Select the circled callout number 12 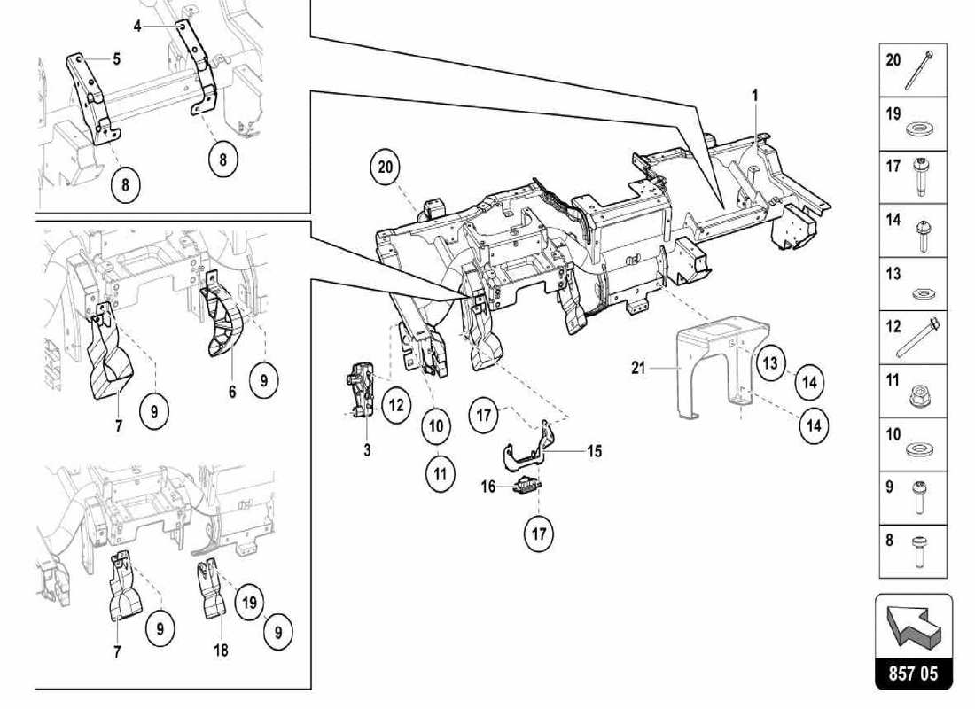tap(395, 406)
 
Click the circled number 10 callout tap(436, 426)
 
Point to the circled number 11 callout tap(440, 473)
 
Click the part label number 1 tap(756, 93)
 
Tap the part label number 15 tap(594, 451)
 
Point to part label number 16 tap(487, 486)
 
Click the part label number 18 tap(220, 651)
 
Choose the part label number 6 tap(232, 389)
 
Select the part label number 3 tap(367, 450)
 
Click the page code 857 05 tap(913, 673)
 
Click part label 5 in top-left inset tap(116, 59)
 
